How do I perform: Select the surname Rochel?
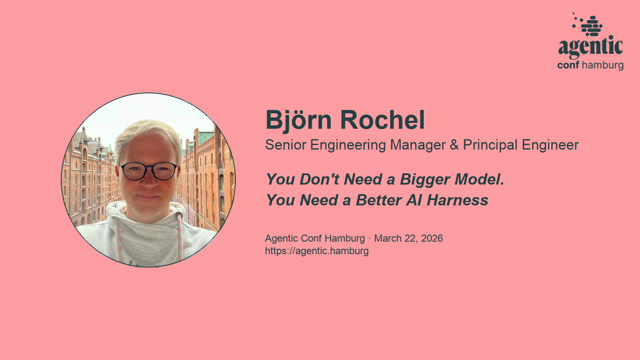tap(382, 120)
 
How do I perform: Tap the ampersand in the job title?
tap(454, 145)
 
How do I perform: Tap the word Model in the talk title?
tap(479, 180)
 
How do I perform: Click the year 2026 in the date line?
tap(432, 238)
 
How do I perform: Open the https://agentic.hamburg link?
tap(317, 251)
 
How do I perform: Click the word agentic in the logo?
tap(590, 47)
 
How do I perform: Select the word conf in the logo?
tap(568, 65)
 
